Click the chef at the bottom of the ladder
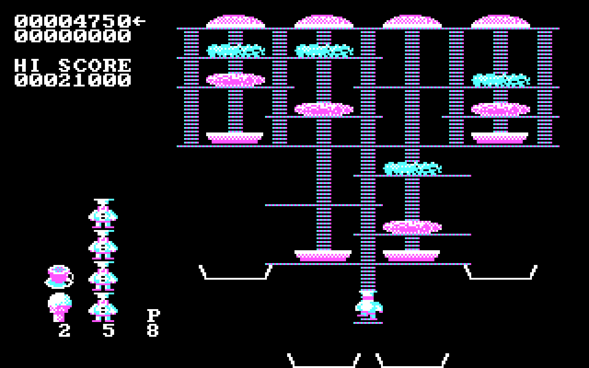(368, 305)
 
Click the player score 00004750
(73, 21)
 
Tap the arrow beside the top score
(139, 21)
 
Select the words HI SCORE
(73, 65)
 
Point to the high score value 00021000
(73, 80)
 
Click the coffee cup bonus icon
(59, 276)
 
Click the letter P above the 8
(153, 316)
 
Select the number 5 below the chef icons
(109, 330)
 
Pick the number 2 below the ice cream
(64, 330)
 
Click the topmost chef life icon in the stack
(103, 213)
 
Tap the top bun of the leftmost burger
(236, 22)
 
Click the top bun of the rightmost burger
(501, 22)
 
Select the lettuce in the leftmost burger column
(236, 51)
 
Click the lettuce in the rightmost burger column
(501, 80)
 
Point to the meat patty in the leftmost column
(236, 80)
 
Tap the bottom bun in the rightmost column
(500, 138)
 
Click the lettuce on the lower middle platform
(412, 168)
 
